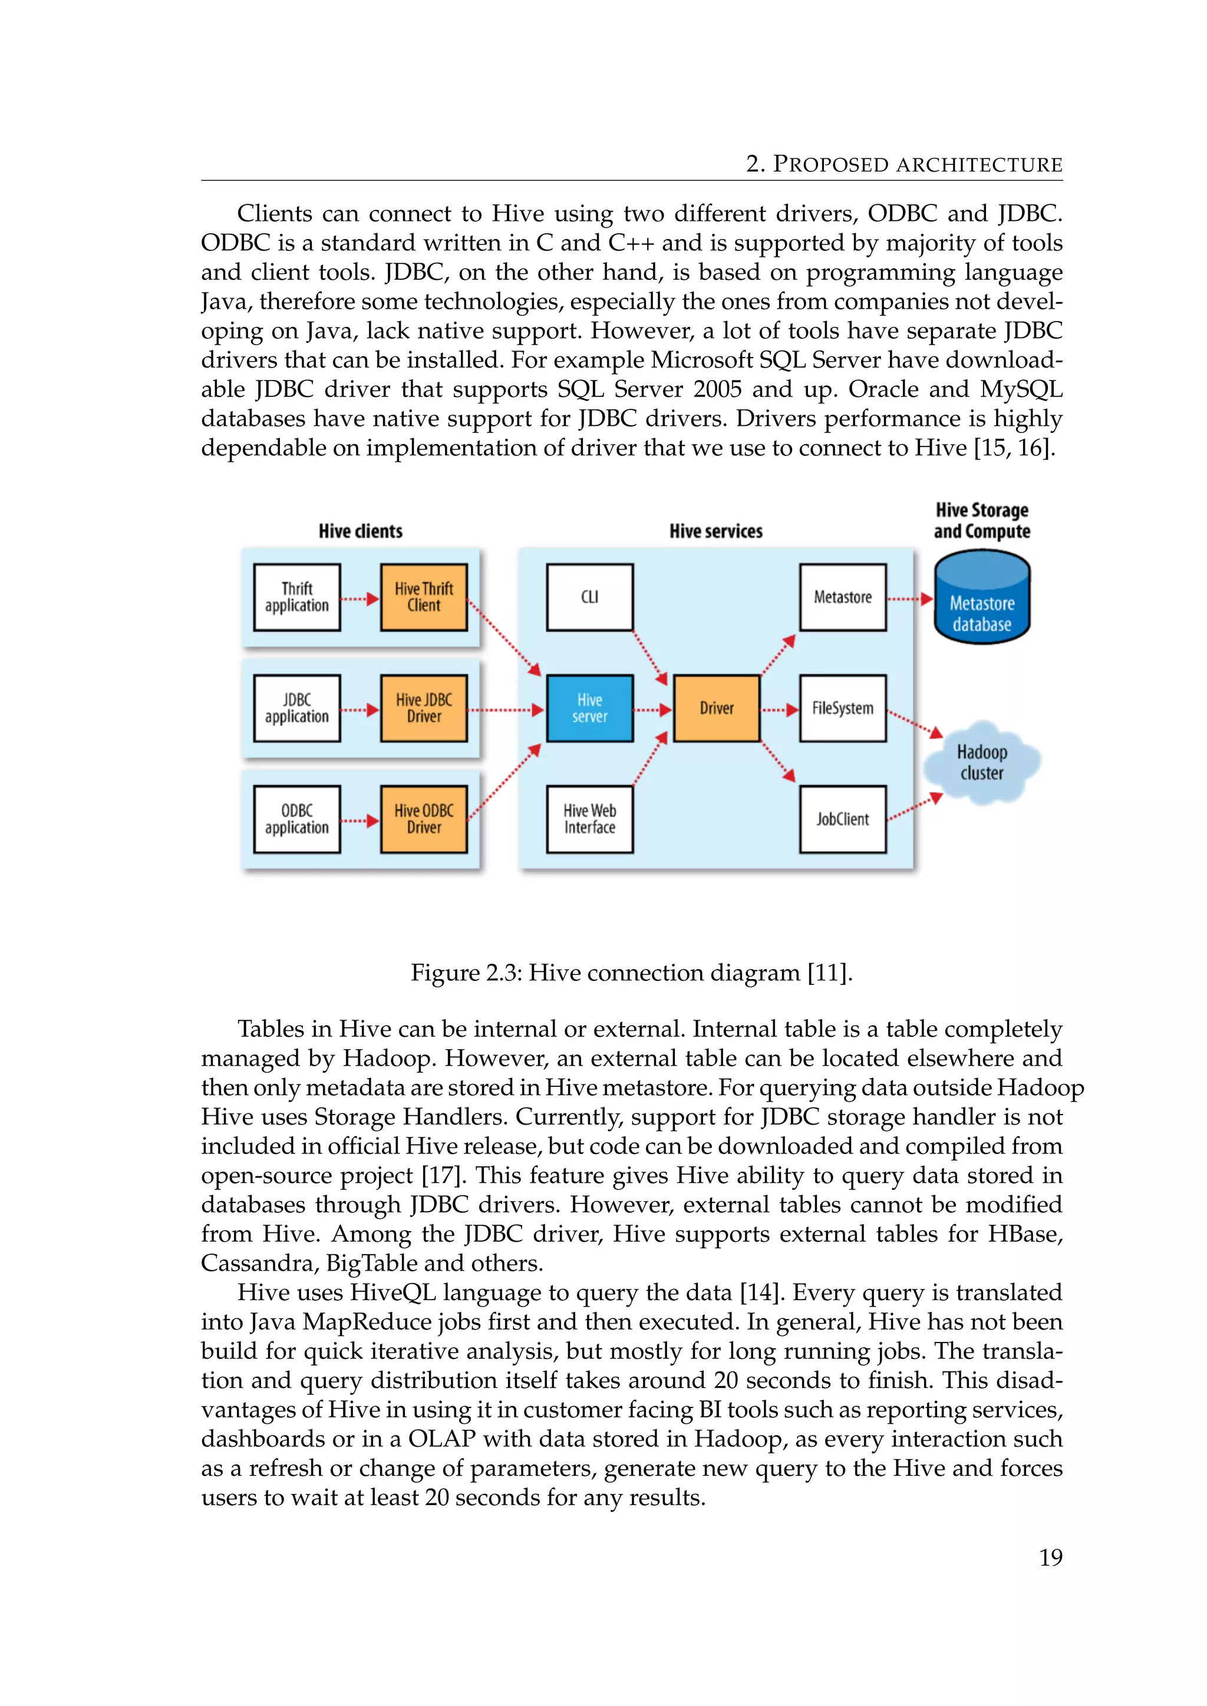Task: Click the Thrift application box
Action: (x=296, y=597)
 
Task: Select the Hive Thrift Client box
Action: (x=424, y=597)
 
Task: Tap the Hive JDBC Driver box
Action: (x=424, y=708)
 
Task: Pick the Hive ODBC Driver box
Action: (x=424, y=819)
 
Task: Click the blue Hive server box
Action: (x=589, y=708)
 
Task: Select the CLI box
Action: (x=589, y=597)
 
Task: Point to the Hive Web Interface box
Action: (x=589, y=819)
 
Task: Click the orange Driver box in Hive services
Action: (x=717, y=708)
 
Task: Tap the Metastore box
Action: (x=842, y=597)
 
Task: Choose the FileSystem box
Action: (x=842, y=708)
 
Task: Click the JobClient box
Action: (x=842, y=819)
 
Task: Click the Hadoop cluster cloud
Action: (x=982, y=762)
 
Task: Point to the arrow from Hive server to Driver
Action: (x=652, y=710)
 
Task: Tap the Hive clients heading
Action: (x=361, y=531)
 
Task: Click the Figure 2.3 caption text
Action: (x=631, y=973)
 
